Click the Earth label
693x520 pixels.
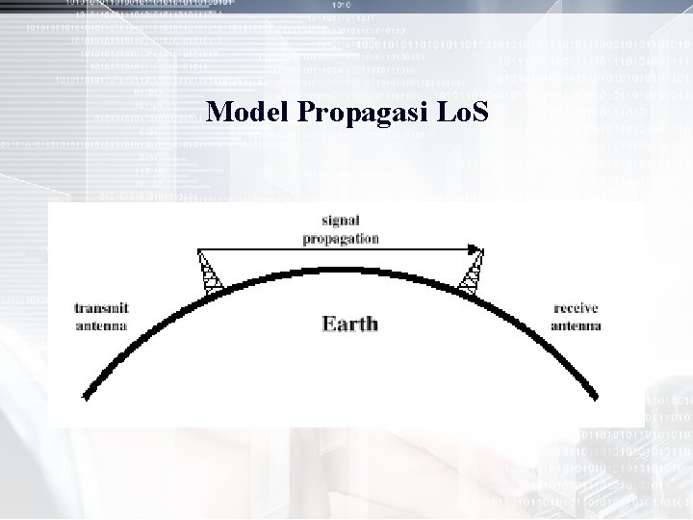click(349, 325)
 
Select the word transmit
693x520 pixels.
click(102, 309)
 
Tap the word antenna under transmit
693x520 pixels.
click(102, 325)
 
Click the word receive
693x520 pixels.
click(576, 309)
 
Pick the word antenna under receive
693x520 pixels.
click(576, 325)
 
